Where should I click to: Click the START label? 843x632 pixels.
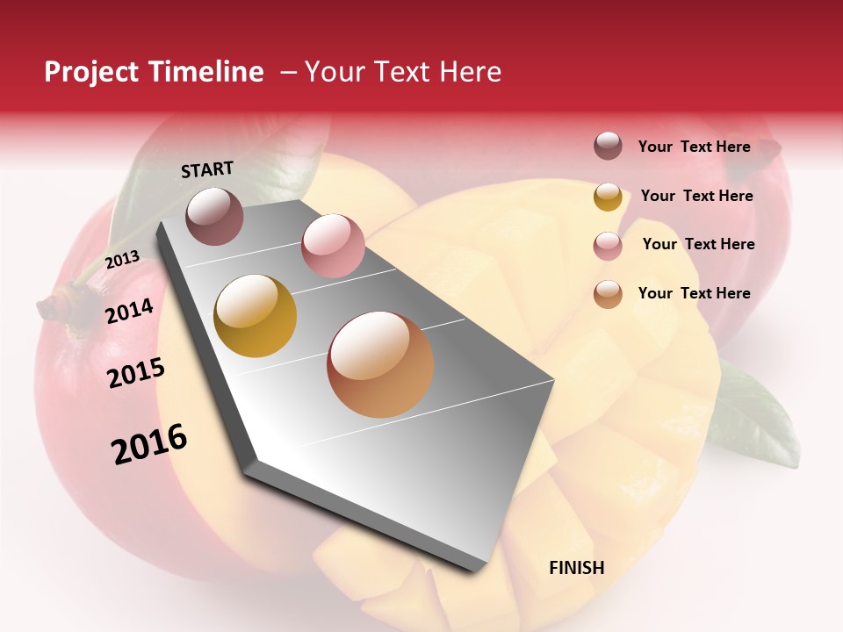(207, 169)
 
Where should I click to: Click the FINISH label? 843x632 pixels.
(576, 568)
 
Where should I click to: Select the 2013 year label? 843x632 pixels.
(122, 259)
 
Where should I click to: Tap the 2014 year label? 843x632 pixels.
(129, 312)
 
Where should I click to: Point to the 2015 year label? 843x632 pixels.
(136, 373)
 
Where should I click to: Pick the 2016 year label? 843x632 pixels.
(149, 443)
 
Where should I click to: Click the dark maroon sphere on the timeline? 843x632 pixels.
(214, 216)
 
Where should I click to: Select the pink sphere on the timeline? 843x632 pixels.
(333, 246)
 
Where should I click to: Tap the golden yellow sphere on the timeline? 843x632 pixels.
(256, 316)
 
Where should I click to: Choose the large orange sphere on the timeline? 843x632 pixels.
(380, 364)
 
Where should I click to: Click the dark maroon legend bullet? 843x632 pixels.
(608, 147)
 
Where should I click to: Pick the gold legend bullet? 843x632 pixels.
(608, 196)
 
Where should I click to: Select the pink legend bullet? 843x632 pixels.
(608, 245)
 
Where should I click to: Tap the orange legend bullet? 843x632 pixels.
(608, 294)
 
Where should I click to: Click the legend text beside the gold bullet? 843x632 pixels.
(696, 196)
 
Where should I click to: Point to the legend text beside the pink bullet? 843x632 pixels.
(698, 244)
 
